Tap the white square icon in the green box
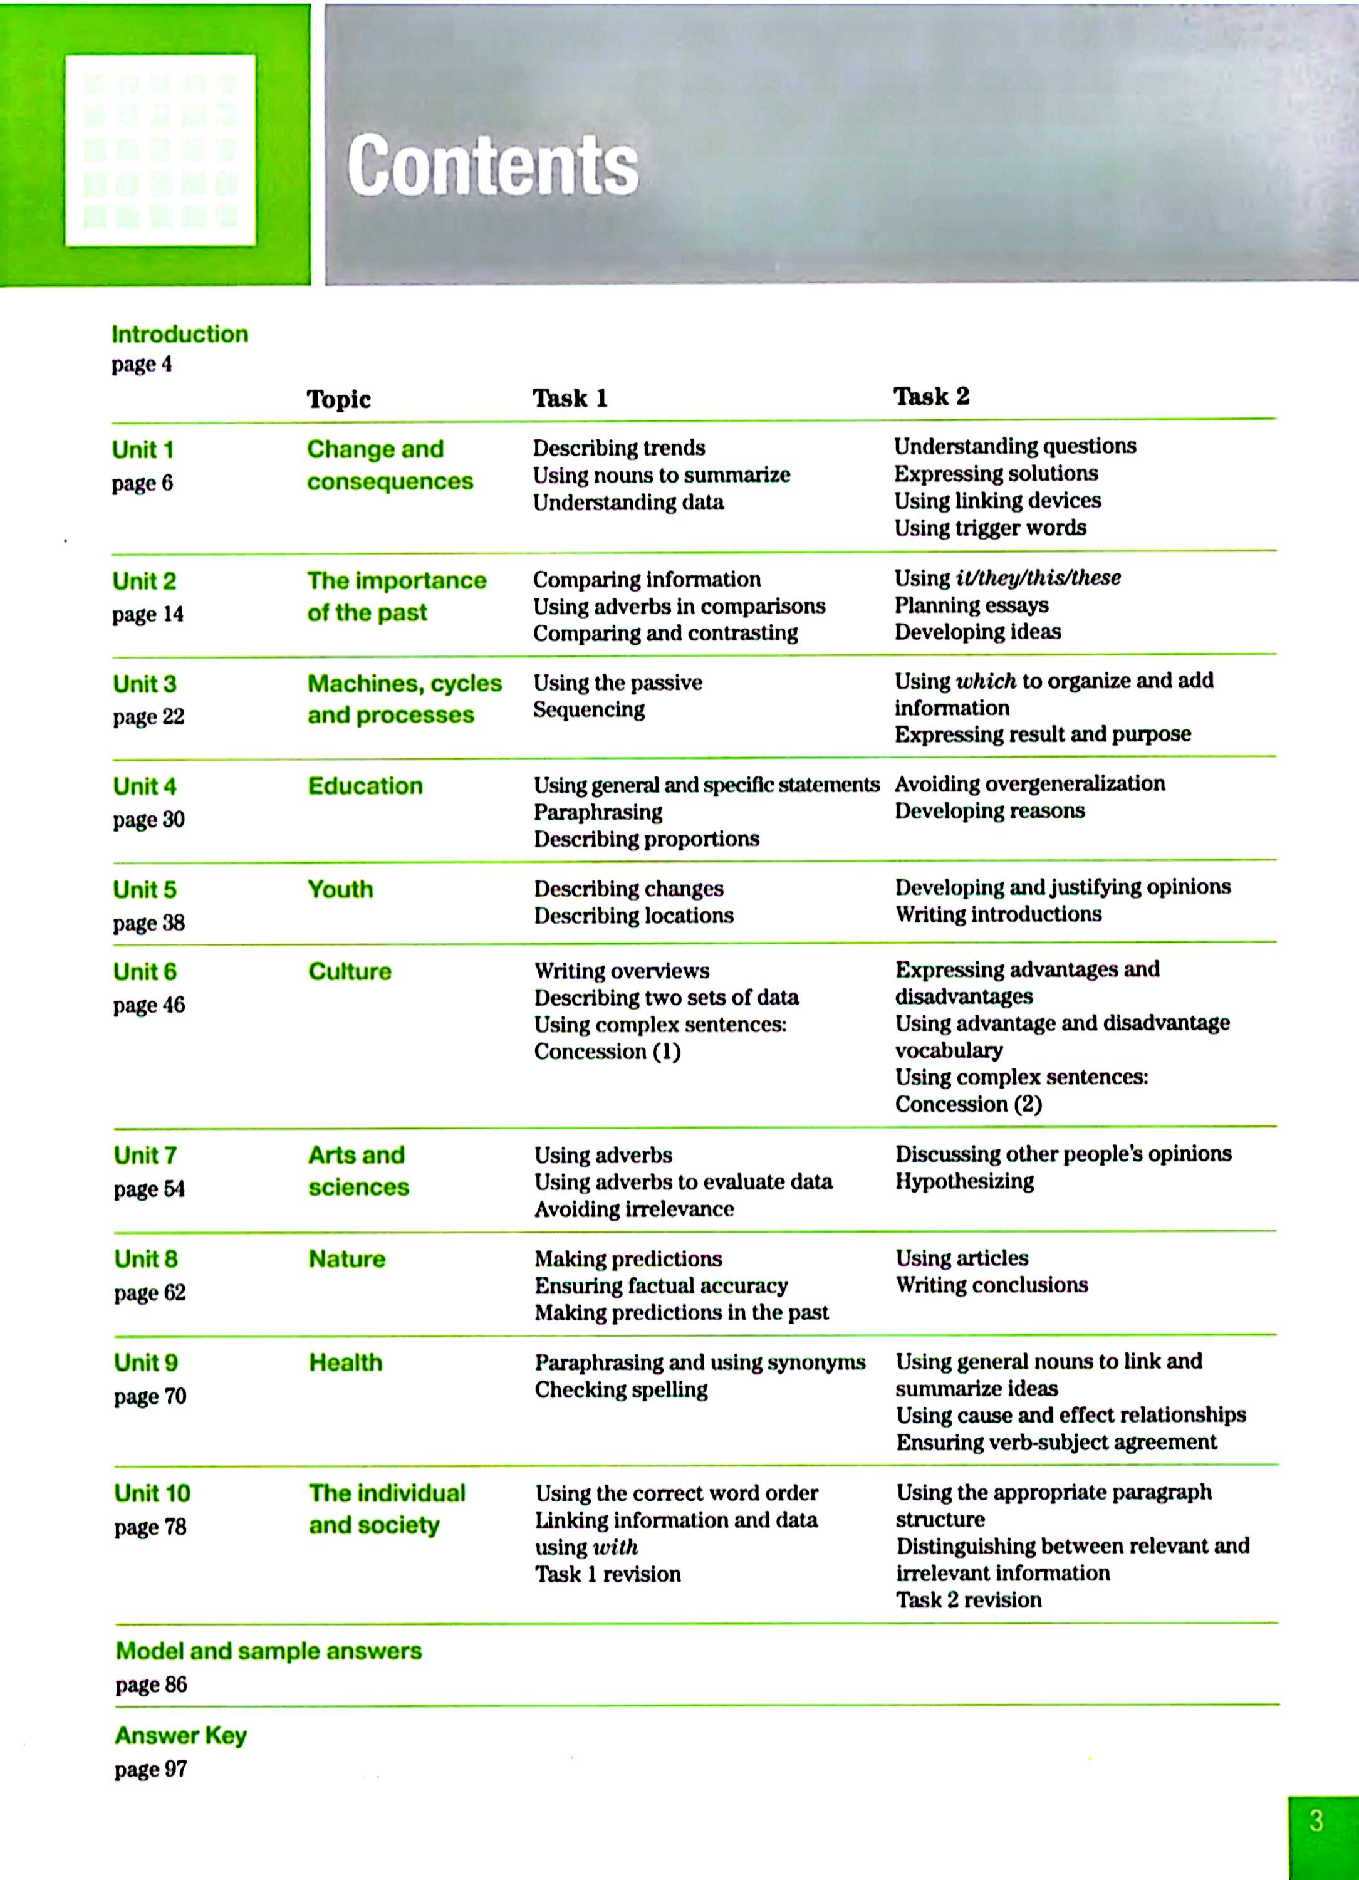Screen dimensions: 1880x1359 click(160, 150)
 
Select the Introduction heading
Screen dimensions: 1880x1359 click(180, 334)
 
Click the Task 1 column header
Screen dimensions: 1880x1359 click(570, 398)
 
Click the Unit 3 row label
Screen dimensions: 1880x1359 click(145, 684)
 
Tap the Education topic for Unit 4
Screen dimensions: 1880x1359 click(365, 786)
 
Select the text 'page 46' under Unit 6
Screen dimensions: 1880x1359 click(149, 1005)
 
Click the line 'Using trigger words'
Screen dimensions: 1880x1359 click(989, 528)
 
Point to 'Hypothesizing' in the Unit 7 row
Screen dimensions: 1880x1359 click(964, 1181)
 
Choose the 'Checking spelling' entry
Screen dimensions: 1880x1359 click(621, 1389)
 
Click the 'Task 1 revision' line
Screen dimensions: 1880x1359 click(607, 1574)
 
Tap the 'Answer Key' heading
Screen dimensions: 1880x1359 click(180, 1736)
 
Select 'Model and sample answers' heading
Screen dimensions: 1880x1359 click(269, 1651)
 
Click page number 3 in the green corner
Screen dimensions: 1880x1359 click(1316, 1821)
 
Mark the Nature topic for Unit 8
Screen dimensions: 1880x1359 click(346, 1259)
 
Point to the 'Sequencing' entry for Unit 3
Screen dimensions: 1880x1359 click(588, 709)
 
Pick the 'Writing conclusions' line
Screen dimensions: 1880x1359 click(991, 1285)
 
